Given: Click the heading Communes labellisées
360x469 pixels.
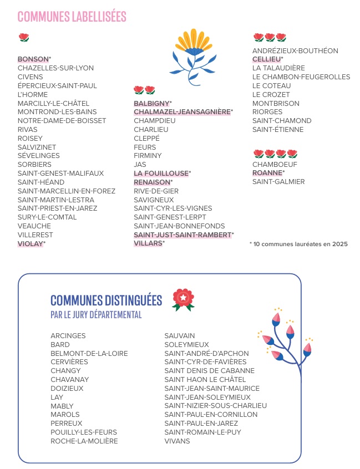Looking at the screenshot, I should coord(72,17).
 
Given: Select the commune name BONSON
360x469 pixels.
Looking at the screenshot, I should coord(33,59).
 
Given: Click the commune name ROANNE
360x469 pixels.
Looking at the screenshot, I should coord(267,173).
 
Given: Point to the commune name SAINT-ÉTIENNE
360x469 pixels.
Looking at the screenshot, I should coord(278,130).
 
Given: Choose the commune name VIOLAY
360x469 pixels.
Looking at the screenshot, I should coord(30,243).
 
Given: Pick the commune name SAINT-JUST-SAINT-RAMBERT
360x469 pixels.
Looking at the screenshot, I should coord(182,235).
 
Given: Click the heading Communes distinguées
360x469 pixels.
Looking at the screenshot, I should coord(106,300).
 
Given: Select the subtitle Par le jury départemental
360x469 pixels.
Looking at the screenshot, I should coord(96,315).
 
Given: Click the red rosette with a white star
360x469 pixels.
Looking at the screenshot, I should coord(183,299).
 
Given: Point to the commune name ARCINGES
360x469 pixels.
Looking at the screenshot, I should coord(68,336).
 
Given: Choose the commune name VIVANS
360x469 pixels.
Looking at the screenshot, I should coord(177,441).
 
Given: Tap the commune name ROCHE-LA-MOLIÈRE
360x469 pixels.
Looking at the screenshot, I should coord(84,441).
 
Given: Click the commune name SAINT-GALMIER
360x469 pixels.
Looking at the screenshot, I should coord(278,182).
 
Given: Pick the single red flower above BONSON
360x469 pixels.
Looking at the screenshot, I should coord(23,38).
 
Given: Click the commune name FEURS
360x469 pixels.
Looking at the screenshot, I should coord(144,147).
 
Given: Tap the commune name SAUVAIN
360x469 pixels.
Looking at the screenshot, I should coord(180,336).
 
